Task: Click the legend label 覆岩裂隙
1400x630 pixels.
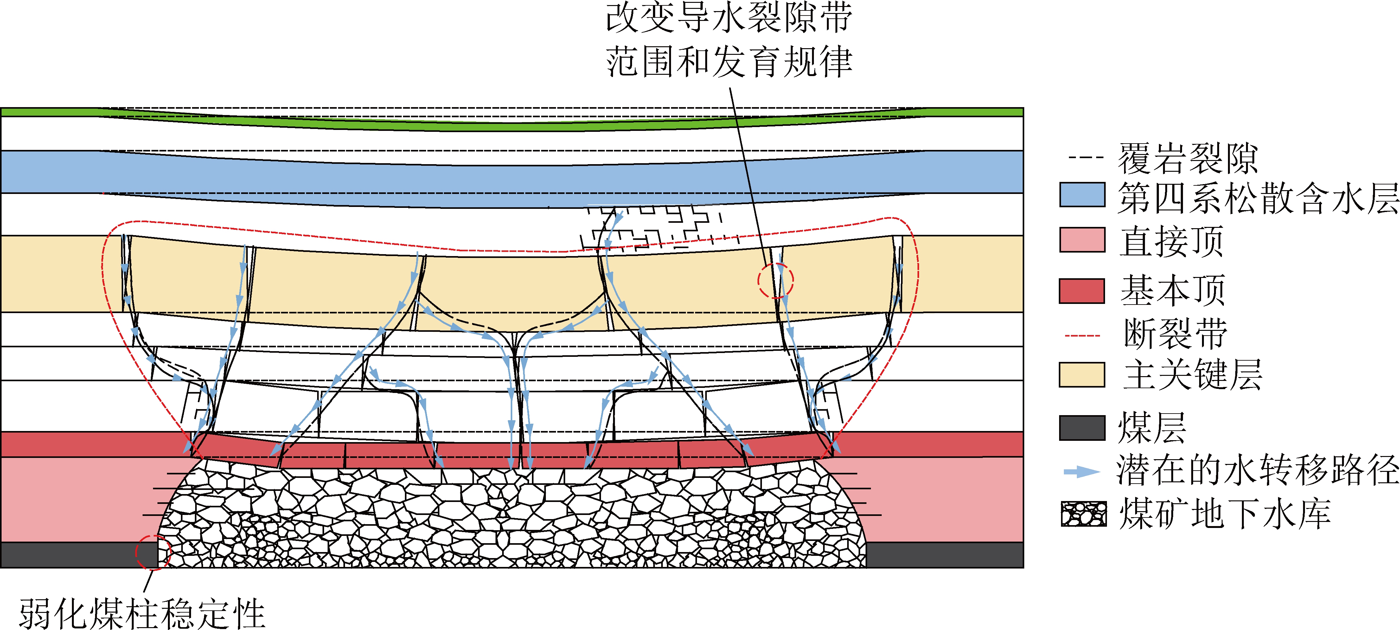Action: pos(1187,158)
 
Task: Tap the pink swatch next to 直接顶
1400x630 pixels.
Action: pos(1082,240)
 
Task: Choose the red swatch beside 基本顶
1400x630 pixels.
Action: pos(1082,291)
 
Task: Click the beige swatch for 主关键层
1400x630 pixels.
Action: pos(1082,375)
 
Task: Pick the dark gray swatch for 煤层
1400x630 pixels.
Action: pos(1082,427)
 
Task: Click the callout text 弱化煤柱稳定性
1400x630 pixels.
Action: pos(142,614)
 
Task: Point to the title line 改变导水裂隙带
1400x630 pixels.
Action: pos(729,18)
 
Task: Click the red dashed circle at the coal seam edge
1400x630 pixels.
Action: pos(153,552)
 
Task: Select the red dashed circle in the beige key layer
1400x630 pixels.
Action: pos(776,280)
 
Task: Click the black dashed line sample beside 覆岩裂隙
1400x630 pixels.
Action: pos(1085,158)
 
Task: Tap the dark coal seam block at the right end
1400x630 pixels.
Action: pos(944,555)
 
